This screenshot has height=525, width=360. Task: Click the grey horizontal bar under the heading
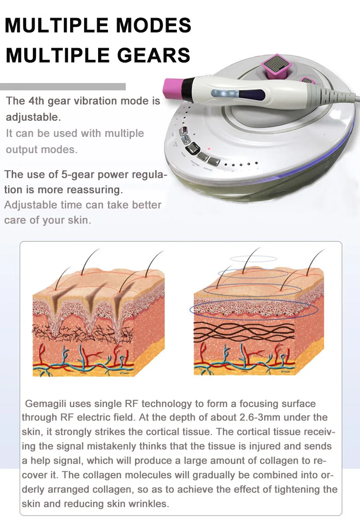click(x=63, y=86)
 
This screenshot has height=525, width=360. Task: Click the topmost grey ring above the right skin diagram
click(x=253, y=258)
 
